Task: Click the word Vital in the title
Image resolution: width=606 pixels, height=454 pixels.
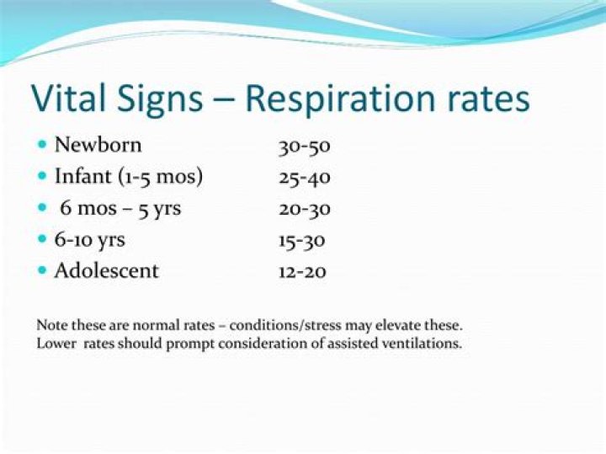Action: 66,99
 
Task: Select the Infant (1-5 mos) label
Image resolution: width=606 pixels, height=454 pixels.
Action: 129,177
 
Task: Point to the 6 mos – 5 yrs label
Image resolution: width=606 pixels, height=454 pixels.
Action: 120,209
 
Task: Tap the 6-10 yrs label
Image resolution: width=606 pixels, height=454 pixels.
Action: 89,240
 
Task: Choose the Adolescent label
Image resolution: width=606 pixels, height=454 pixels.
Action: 106,271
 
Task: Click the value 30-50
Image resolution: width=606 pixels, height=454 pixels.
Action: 304,146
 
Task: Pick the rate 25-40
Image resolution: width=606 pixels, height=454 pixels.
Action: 304,178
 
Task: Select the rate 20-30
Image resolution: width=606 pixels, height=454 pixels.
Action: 304,209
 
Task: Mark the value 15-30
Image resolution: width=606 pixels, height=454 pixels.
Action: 301,240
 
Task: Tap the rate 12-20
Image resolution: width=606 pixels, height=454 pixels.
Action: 302,272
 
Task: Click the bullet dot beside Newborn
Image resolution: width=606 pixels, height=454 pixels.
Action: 43,145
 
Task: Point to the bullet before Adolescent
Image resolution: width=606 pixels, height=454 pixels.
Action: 43,271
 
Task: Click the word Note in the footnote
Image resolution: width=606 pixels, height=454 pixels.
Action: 49,324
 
